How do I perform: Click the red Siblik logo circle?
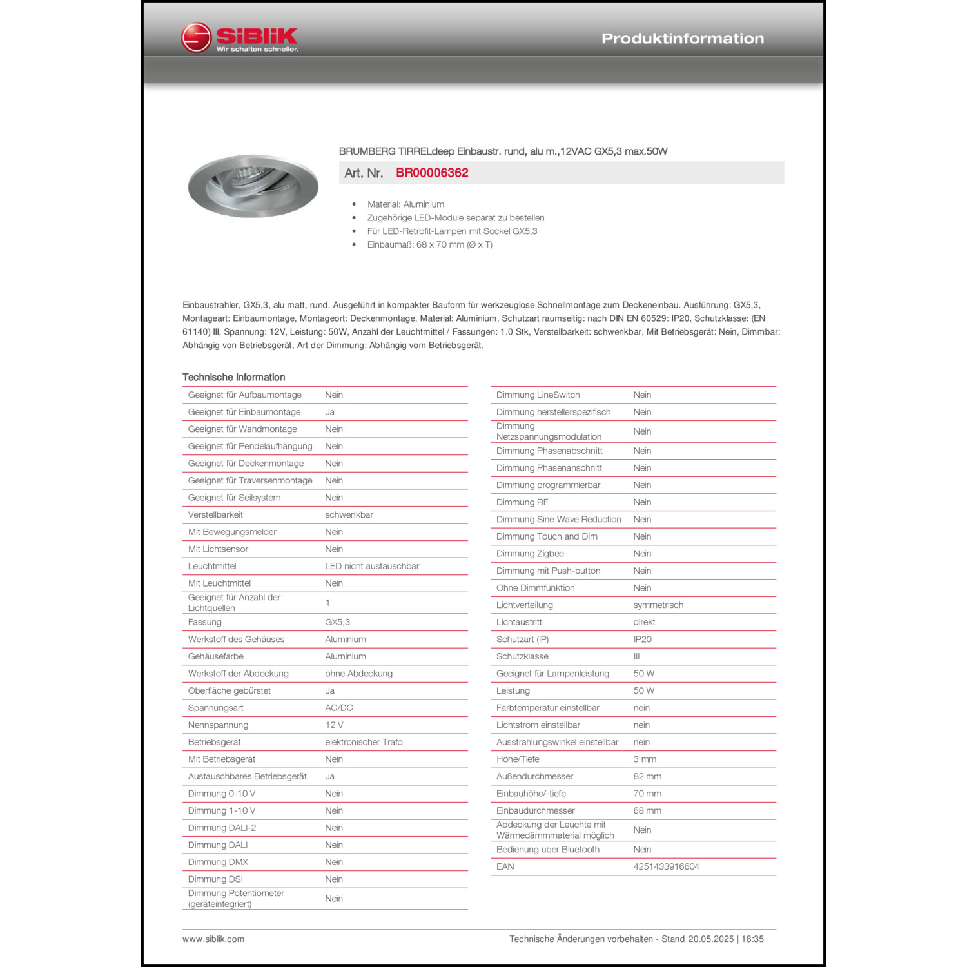point(196,37)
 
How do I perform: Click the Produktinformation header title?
point(682,39)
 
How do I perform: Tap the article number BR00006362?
point(432,173)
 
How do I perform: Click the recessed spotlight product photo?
point(253,186)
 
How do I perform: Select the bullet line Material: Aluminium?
point(405,204)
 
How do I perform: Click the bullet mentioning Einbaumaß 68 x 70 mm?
point(429,245)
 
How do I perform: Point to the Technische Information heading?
point(233,377)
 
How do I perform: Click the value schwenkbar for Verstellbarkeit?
point(349,514)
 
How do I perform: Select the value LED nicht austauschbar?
point(372,566)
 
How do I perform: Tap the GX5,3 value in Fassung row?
point(337,622)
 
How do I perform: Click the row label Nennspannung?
point(218,725)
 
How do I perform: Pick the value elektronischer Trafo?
point(364,742)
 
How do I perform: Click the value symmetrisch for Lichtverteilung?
point(658,605)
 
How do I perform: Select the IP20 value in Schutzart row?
point(642,639)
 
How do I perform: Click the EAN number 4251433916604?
point(666,866)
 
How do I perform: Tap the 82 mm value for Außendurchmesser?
point(647,776)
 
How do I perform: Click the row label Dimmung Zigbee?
point(530,553)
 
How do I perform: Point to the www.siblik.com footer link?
point(213,939)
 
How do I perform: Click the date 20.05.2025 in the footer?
point(710,939)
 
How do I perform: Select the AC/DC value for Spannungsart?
point(338,708)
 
